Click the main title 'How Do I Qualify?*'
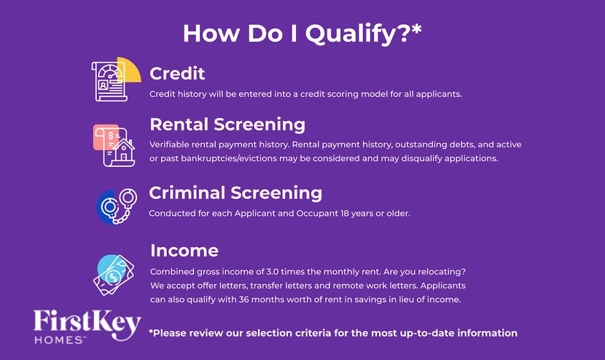point(302,33)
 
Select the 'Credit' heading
point(177,74)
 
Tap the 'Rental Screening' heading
point(227,124)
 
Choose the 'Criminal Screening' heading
point(235,192)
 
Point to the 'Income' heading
point(184,251)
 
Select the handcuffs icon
point(117,206)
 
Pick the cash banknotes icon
point(115,274)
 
